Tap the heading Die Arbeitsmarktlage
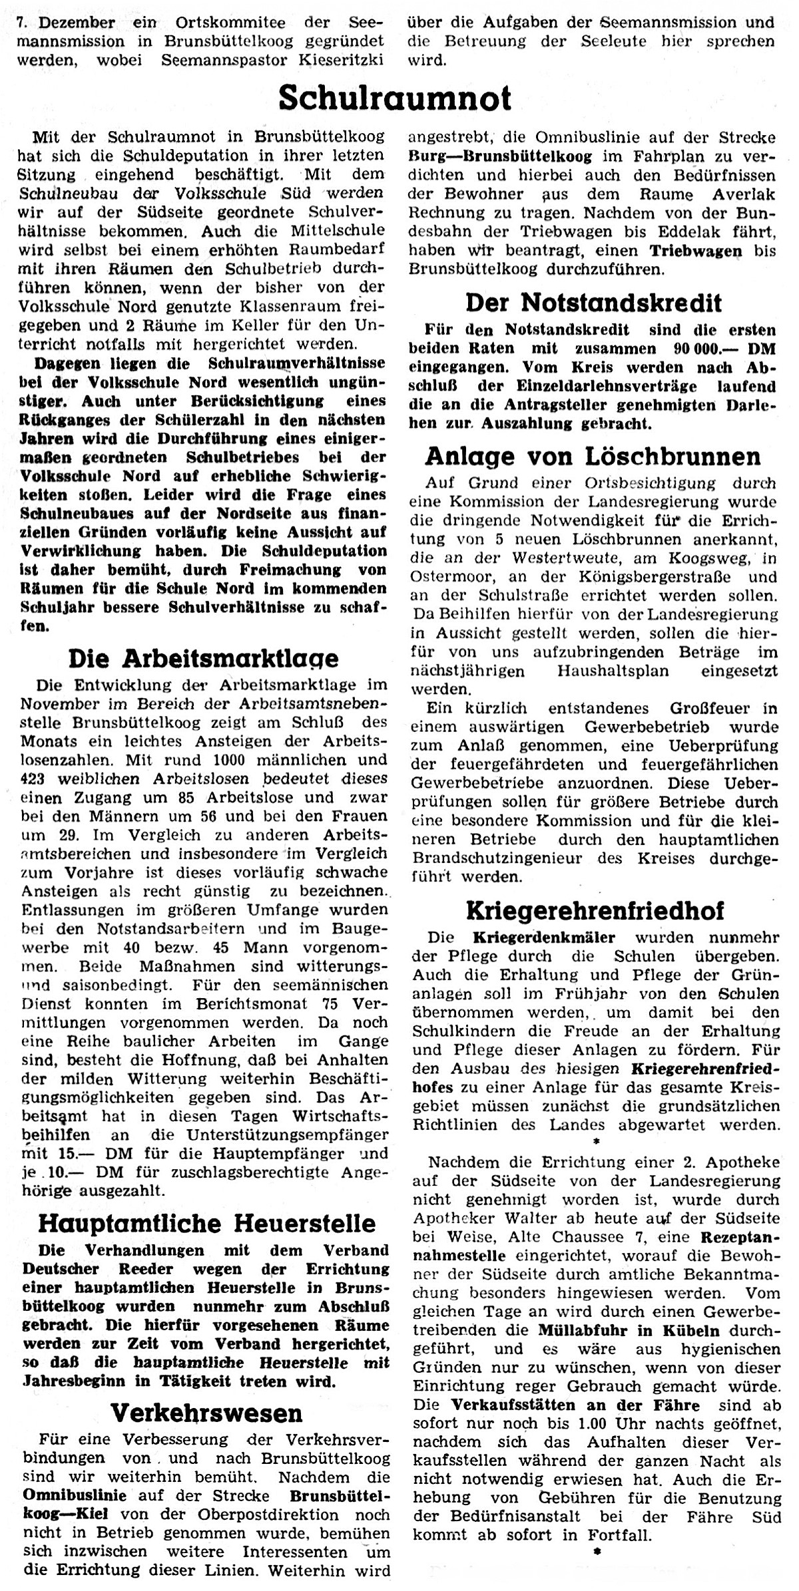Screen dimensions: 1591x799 pos(204,658)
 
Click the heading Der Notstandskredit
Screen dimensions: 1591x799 pos(593,303)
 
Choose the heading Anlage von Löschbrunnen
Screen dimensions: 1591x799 pos(593,456)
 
